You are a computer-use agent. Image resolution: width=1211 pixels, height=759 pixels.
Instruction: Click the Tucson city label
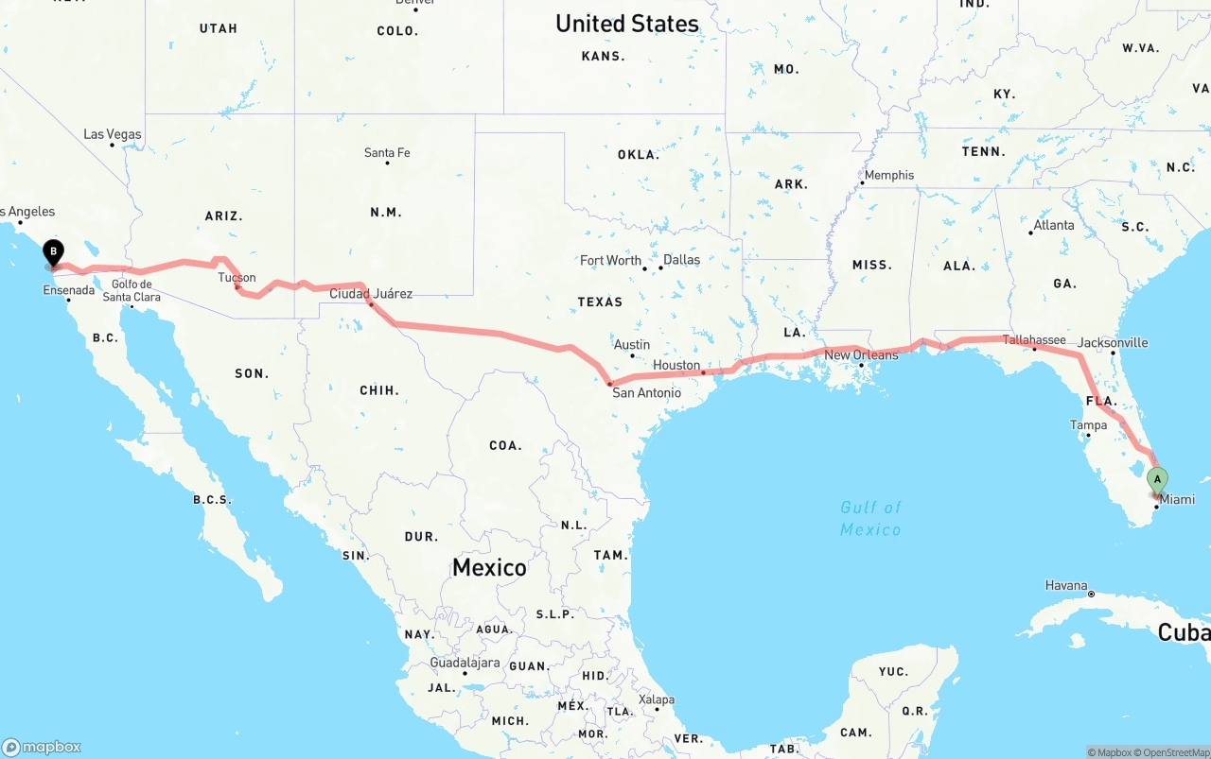pos(237,277)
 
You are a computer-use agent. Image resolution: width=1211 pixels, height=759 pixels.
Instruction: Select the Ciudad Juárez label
pos(371,293)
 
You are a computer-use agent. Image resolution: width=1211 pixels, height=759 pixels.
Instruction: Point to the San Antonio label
pos(646,392)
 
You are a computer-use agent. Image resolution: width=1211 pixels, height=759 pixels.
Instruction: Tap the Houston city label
pos(676,365)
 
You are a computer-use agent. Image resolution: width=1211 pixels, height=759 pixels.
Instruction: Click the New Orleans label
pos(861,354)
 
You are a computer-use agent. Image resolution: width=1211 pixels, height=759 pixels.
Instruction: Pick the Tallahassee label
pos(1034,339)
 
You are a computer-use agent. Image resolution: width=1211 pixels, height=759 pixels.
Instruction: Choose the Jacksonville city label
pos(1113,342)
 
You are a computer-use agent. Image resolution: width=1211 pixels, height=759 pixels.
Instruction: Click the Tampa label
pos(1088,424)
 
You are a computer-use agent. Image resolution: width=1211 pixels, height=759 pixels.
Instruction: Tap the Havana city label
pos(1066,585)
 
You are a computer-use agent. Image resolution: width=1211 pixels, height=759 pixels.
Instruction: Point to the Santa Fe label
pos(387,152)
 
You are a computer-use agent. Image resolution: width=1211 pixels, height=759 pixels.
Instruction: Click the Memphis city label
pos(889,175)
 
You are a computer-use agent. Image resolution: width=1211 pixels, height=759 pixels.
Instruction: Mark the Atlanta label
pos(1054,225)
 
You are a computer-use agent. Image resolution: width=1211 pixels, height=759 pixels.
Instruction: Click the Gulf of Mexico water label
pos(870,518)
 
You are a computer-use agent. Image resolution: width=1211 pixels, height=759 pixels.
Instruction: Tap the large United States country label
pos(626,24)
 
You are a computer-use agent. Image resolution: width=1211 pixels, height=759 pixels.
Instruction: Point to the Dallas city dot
pos(660,268)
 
